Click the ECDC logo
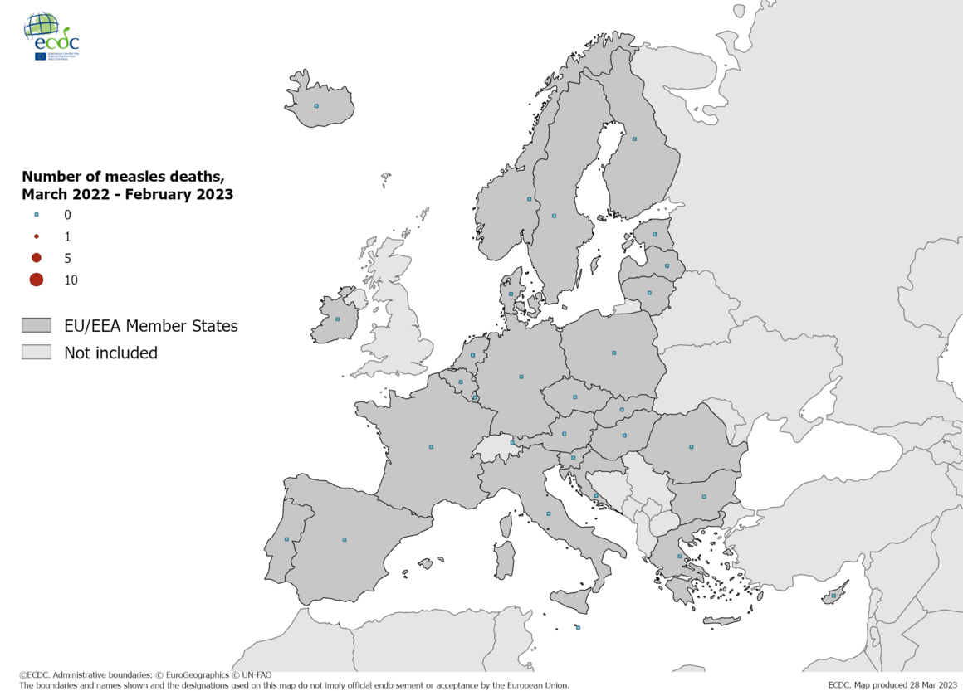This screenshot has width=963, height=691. coord(51,36)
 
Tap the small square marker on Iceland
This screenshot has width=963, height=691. coord(315,105)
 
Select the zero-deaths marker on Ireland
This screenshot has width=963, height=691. coord(337,319)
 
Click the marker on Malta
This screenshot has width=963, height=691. coord(578,627)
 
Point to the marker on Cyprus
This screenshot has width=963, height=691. coord(833,596)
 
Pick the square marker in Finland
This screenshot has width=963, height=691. coord(634,139)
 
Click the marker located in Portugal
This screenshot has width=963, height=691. coord(286,539)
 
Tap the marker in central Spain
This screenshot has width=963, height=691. coord(345,539)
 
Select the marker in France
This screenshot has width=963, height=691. coord(431,446)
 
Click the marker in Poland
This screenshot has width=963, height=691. coord(613,353)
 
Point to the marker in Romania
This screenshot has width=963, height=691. coord(691,447)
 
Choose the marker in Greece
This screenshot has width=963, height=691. coord(680,556)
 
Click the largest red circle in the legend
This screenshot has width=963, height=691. coord(37,280)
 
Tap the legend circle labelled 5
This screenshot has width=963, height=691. coord(37,258)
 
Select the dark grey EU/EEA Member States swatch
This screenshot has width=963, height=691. coord(37,326)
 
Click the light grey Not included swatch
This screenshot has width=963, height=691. coord(37,353)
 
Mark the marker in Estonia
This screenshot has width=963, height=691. coord(654,234)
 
